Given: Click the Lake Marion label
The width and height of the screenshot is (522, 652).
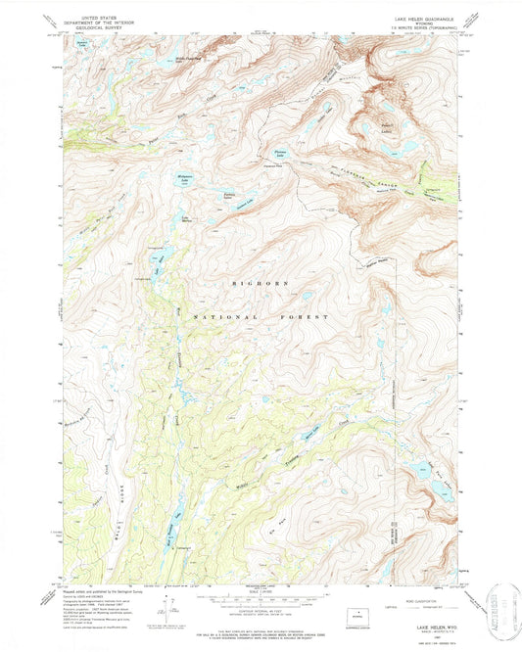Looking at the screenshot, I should click(185, 219).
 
